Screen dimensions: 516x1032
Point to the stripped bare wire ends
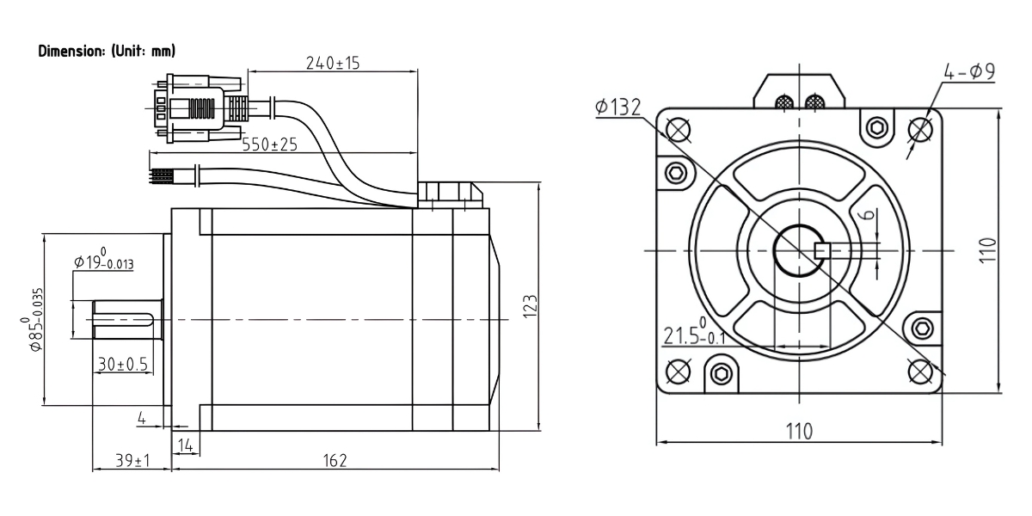pyautogui.click(x=162, y=176)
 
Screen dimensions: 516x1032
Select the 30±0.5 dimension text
pyautogui.click(x=121, y=365)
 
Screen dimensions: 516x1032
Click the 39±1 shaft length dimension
pyautogui.click(x=132, y=462)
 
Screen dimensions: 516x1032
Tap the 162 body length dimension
pyautogui.click(x=336, y=462)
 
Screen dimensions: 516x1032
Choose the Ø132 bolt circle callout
pyautogui.click(x=617, y=107)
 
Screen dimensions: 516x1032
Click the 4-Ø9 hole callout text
pyautogui.click(x=969, y=72)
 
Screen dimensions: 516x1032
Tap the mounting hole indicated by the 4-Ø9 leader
pyautogui.click(x=921, y=129)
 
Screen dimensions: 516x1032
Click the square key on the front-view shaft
pyautogui.click(x=820, y=250)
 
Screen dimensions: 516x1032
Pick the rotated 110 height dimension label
pyautogui.click(x=988, y=250)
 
